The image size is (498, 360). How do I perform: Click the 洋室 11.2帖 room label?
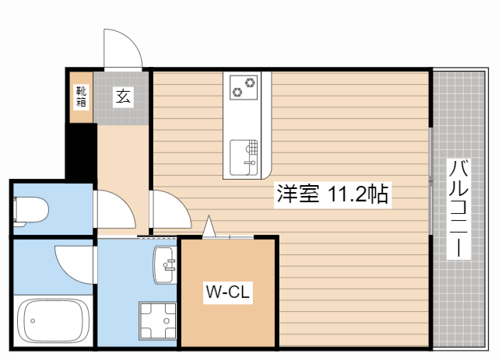coord(331,194)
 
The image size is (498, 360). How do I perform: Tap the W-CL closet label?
coord(227,292)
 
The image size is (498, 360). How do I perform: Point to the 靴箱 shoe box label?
coord(81,96)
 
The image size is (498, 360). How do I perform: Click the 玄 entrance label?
coord(124,96)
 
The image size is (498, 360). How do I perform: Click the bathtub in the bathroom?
coord(52,319)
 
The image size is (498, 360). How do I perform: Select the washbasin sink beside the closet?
coord(166,266)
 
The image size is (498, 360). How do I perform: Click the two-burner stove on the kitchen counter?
coord(244,86)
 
